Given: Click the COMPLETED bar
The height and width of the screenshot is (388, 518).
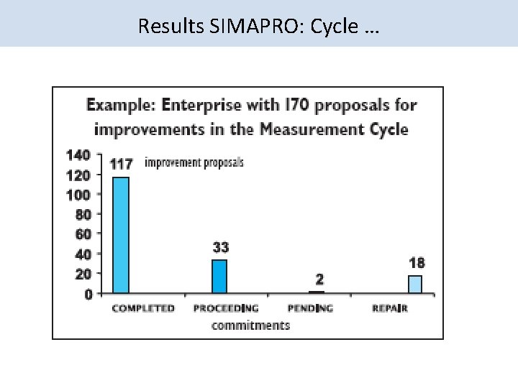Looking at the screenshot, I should [x=120, y=235].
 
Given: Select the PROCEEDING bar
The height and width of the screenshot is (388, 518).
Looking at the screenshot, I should [x=219, y=277].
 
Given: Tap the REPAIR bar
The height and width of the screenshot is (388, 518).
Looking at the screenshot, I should [x=415, y=285].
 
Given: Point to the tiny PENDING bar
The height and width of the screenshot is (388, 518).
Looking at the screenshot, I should [x=317, y=292].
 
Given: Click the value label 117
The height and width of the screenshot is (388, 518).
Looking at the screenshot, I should [x=121, y=164].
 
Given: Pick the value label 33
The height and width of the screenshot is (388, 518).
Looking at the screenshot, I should [x=220, y=248].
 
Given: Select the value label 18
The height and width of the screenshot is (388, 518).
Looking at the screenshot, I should [x=417, y=263].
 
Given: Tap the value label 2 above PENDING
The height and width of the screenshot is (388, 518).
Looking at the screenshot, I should [x=319, y=278].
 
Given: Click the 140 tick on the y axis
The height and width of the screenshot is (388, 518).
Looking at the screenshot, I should [x=78, y=154].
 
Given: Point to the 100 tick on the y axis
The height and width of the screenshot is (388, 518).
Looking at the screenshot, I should [x=78, y=195].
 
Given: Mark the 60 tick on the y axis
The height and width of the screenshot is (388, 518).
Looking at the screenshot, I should [x=83, y=234].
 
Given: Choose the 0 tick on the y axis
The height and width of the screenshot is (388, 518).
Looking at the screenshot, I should [x=87, y=294].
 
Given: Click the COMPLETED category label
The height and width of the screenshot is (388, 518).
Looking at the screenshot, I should [x=142, y=308].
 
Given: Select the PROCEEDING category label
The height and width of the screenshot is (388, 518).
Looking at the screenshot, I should [x=226, y=308].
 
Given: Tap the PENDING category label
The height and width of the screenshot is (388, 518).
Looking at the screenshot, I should [x=310, y=308].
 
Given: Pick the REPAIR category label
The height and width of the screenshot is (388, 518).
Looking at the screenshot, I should [x=390, y=308].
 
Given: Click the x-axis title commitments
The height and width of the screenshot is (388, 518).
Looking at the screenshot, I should [x=250, y=325].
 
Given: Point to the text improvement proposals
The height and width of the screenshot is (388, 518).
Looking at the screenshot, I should [x=194, y=163].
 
